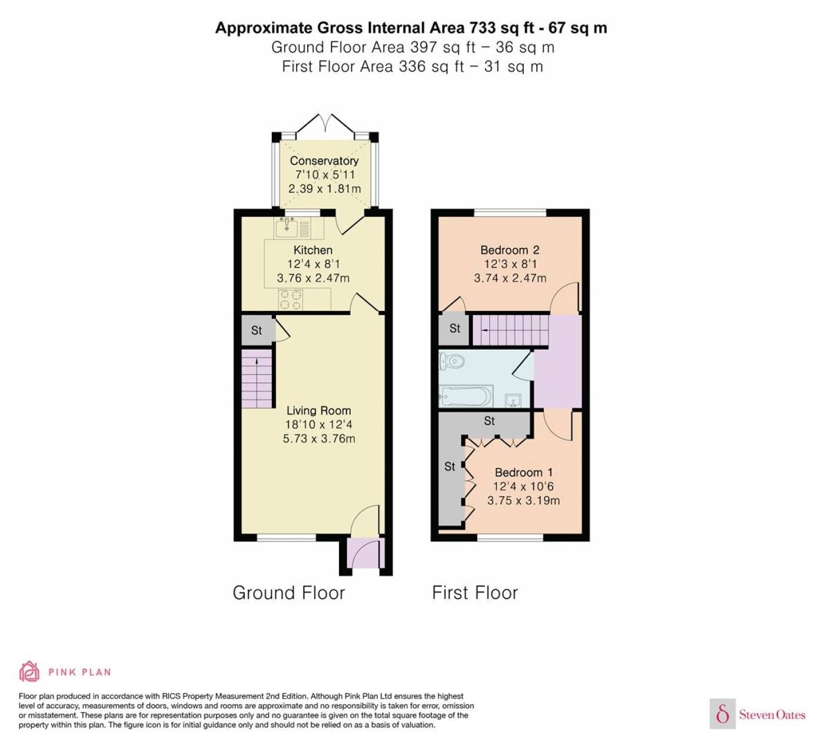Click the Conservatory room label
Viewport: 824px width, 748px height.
point(324,161)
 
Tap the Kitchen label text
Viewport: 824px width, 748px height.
point(313,250)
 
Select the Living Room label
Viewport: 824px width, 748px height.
point(319,411)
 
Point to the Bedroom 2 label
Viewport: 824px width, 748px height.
point(510,250)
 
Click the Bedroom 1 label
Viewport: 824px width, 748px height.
point(524,472)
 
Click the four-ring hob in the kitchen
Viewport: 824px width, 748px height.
point(291,299)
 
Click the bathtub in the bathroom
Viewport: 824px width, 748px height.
point(466,397)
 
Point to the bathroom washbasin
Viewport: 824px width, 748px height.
point(513,400)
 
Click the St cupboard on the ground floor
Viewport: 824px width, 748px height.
point(257,330)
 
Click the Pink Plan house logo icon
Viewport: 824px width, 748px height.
point(29,671)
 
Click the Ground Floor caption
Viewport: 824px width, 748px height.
point(289,593)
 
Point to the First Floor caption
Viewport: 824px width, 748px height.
point(475,593)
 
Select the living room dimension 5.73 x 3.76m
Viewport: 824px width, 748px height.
point(319,438)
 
